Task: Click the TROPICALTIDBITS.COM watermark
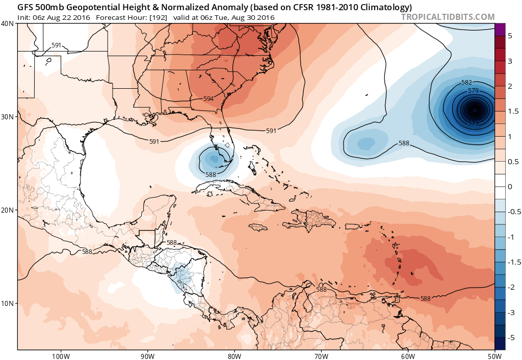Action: click(448, 17)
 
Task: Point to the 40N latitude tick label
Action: click(9, 23)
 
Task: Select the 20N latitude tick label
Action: click(9, 210)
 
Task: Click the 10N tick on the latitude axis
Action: click(9, 303)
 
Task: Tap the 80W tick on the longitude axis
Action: click(234, 356)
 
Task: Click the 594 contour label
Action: click(208, 98)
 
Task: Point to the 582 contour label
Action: click(467, 82)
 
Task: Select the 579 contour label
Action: click(473, 91)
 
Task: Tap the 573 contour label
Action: click(473, 123)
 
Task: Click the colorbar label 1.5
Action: click(513, 111)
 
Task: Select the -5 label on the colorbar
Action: click(511, 338)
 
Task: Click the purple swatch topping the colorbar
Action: click(500, 30)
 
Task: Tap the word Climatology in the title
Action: click(388, 7)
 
